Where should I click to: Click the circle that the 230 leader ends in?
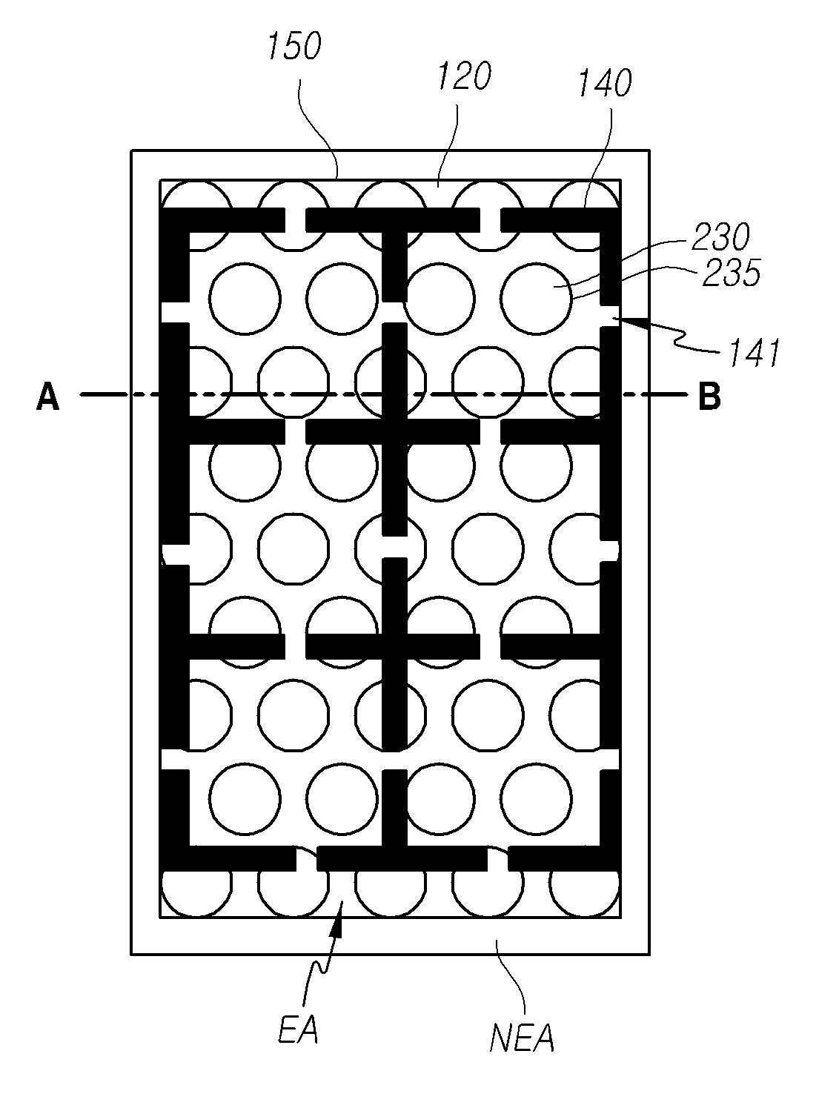click(x=537, y=299)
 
